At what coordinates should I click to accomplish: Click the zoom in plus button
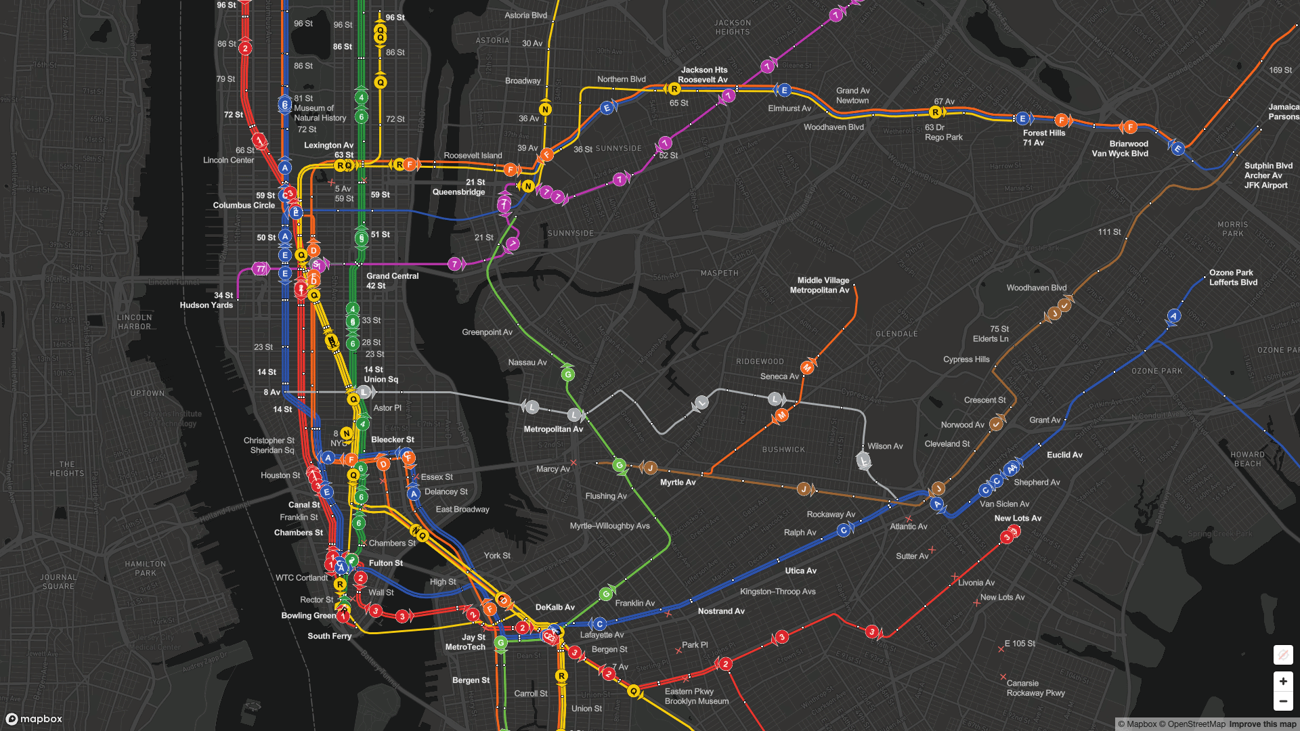click(1282, 681)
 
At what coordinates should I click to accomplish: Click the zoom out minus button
click(1282, 701)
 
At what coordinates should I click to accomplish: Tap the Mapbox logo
click(35, 719)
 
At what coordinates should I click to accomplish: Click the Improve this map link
click(1262, 724)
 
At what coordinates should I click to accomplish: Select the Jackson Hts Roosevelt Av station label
click(703, 74)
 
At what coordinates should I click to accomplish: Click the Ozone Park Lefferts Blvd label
click(1232, 278)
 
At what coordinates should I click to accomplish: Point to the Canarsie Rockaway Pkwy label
click(1035, 688)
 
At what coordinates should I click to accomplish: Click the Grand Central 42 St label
click(392, 281)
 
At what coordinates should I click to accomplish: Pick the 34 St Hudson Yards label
click(207, 300)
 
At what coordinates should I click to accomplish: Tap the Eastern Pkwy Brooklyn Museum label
click(696, 696)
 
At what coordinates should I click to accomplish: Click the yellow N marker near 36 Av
click(545, 110)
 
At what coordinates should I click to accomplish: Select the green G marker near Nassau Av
click(568, 374)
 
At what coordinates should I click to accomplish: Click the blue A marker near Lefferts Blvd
click(1174, 316)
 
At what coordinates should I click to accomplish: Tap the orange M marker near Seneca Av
click(807, 368)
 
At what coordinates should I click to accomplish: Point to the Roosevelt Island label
click(473, 156)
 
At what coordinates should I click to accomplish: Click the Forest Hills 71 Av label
click(1043, 137)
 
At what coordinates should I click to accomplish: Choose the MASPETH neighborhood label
click(719, 273)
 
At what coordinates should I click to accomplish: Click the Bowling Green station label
click(308, 615)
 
